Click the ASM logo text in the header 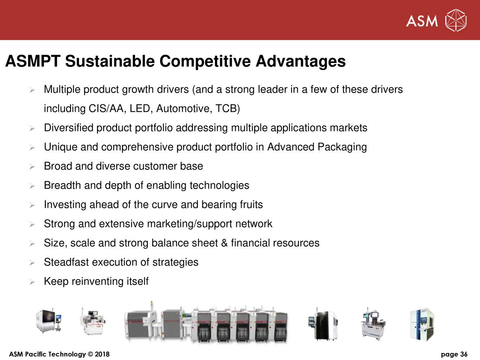pos(422,21)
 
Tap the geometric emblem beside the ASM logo pos(456,20)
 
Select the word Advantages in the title pos(300,61)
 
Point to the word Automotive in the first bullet pos(183,109)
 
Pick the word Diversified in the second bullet pos(69,128)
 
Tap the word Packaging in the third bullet pos(342,147)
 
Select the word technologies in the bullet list pos(219,185)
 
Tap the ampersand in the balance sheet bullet pos(224,243)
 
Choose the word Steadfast pos(66,262)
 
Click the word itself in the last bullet pos(137,281)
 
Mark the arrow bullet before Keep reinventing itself pos(32,282)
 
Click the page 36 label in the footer pos(454,354)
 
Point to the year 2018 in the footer pos(102,354)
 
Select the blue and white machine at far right pos(423,324)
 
